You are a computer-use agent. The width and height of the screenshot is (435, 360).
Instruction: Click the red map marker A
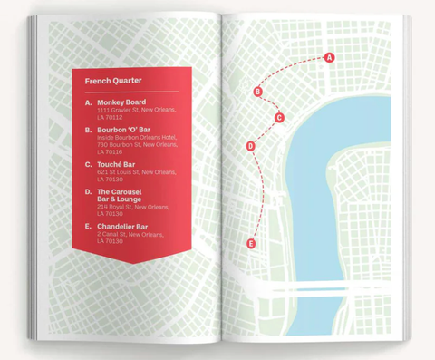[329, 57]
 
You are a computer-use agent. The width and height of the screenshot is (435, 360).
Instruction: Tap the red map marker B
[258, 92]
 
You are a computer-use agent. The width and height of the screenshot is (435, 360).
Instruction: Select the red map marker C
[279, 117]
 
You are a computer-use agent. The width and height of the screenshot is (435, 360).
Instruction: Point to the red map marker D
[250, 147]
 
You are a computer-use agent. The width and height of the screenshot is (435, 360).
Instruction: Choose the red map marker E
[251, 243]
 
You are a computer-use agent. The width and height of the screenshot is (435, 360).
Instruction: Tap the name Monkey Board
[121, 102]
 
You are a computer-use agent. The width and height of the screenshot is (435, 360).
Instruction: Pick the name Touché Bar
[116, 164]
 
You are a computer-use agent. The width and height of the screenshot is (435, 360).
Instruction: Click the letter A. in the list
[88, 102]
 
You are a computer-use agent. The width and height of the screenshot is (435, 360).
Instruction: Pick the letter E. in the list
[88, 226]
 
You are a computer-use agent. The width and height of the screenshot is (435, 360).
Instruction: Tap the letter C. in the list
[88, 164]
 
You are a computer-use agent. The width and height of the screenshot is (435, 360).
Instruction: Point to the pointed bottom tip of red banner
[132, 264]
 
